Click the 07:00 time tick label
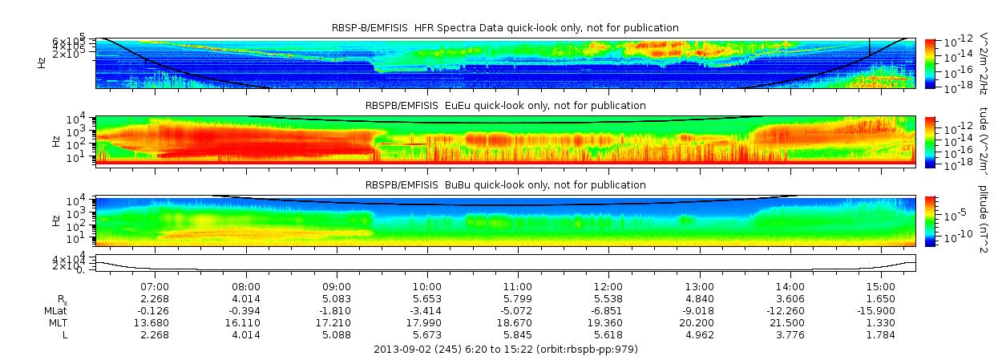[x=155, y=286]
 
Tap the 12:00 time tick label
[x=608, y=286]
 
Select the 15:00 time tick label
[x=881, y=286]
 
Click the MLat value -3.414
[x=427, y=310]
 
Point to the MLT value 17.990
[x=427, y=322]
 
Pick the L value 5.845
[x=518, y=334]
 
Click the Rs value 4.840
[x=700, y=298]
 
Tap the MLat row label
[x=55, y=310]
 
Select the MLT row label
[x=56, y=322]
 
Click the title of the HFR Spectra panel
[x=505, y=28]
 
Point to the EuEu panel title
[x=505, y=106]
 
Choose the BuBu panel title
[x=505, y=184]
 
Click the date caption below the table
[x=506, y=350]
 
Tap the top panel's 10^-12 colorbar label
[x=954, y=42]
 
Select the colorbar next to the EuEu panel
[x=930, y=141]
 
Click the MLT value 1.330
[x=881, y=322]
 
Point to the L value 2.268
[x=155, y=334]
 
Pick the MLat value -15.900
[x=881, y=310]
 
